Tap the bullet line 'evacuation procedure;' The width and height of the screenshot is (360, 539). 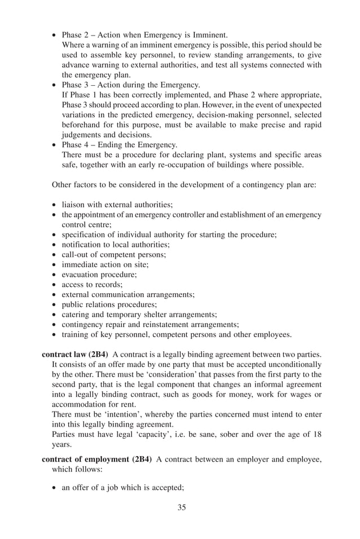point(99,275)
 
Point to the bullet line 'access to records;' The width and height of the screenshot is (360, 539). point(92,285)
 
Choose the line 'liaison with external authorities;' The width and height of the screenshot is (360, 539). point(117,205)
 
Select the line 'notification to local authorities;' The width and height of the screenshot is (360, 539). point(115,245)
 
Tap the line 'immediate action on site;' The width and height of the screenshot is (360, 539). point(105,264)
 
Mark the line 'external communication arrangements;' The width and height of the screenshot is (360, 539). point(128,294)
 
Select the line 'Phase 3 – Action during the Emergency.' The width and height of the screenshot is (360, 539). point(131,85)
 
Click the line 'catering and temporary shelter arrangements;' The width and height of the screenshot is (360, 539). point(139,315)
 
